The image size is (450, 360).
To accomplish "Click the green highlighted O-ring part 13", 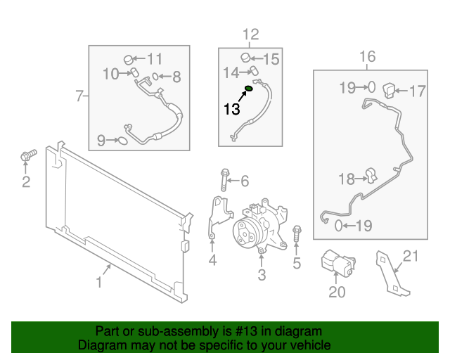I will [248, 89].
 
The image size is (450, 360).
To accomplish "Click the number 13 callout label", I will [231, 108].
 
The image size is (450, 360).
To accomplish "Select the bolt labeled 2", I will [26, 156].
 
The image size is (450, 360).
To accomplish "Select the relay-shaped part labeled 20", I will [337, 264].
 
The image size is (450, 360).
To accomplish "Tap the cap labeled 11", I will [129, 58].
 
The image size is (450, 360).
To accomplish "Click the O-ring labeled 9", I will [122, 141].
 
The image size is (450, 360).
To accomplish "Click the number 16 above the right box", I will [368, 57].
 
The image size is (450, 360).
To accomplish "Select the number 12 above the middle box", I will [250, 34].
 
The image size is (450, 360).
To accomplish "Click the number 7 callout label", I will [79, 94].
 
